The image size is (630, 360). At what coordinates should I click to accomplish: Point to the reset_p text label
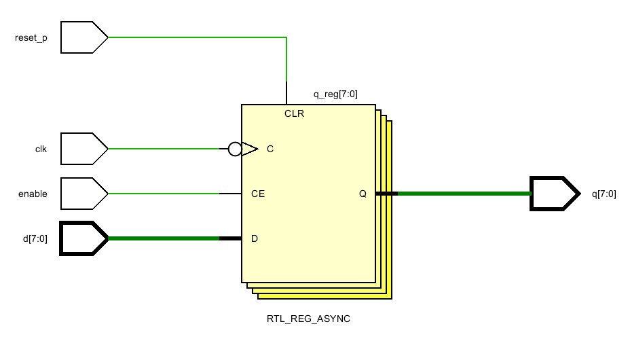(31, 38)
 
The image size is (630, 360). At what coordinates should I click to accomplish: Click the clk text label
(41, 149)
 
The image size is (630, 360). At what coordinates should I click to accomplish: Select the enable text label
(33, 194)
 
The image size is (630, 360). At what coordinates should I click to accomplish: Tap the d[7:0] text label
(35, 239)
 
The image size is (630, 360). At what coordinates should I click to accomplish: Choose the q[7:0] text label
(604, 194)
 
